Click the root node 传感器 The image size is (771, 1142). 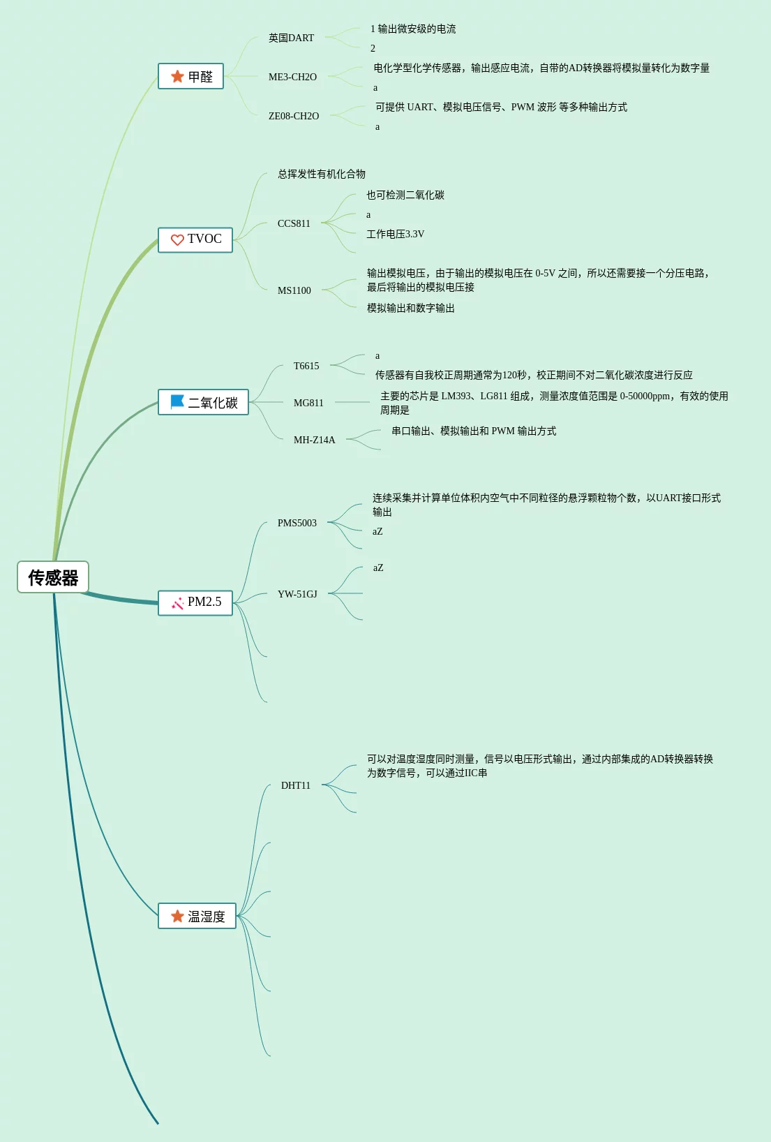point(53,577)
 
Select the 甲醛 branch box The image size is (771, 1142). point(190,76)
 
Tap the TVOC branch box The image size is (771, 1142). point(195,239)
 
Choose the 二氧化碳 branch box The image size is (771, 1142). point(203,402)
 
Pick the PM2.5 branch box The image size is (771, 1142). point(195,602)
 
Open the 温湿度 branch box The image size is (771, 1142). point(197,916)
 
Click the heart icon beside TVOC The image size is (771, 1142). point(177,240)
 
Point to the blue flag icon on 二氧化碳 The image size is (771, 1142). point(177,402)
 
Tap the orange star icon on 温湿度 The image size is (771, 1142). point(177,916)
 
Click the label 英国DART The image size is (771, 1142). point(291,38)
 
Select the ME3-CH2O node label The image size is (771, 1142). point(292,77)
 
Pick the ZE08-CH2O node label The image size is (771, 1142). point(294,116)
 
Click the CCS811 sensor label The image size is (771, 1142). point(294,223)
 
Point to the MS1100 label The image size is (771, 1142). point(294,290)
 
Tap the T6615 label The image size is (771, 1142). point(306,366)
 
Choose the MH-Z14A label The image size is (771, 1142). point(314,440)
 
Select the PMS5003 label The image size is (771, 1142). point(297,523)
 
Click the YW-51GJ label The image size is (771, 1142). point(297,594)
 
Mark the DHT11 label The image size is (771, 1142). point(295,785)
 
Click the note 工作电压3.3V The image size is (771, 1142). point(395,234)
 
